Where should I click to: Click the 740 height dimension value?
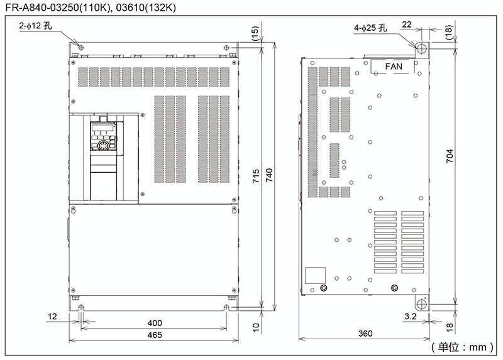(269, 175)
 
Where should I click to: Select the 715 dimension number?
(256, 176)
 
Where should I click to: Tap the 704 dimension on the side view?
(450, 156)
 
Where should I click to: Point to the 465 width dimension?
(155, 335)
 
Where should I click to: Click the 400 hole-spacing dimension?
(155, 323)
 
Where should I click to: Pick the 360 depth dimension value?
(365, 334)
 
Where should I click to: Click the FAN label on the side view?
(394, 67)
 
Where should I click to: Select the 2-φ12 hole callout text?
(35, 26)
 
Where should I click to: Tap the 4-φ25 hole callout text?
(370, 28)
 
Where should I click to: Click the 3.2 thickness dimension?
(411, 317)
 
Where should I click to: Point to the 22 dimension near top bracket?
(406, 25)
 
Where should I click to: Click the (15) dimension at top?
(255, 33)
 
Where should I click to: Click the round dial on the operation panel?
(103, 146)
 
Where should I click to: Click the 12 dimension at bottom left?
(52, 317)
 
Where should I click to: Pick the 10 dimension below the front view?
(256, 327)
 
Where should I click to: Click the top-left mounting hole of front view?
(81, 48)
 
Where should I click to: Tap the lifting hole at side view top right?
(421, 49)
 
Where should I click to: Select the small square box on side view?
(315, 275)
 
